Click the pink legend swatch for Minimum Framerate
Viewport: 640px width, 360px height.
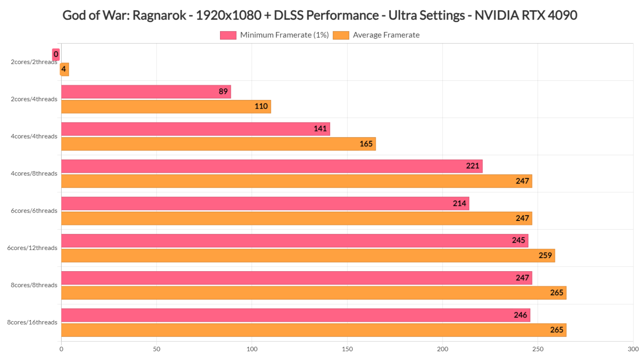tap(228, 35)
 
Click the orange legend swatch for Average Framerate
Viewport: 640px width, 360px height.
tap(341, 35)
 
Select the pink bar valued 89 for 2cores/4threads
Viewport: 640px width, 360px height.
tap(146, 92)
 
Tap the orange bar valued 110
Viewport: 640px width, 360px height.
tap(166, 107)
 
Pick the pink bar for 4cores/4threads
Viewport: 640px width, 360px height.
tap(195, 129)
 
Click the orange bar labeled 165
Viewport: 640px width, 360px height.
tap(218, 144)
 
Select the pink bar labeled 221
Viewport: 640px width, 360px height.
tap(272, 166)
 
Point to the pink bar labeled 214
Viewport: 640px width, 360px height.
tap(265, 203)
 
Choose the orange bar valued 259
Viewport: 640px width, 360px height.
tap(308, 255)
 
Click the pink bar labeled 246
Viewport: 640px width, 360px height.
tap(295, 315)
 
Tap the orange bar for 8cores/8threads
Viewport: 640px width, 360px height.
tap(313, 292)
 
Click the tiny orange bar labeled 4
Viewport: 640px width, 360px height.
tap(65, 69)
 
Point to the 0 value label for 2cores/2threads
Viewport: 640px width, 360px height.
tap(56, 54)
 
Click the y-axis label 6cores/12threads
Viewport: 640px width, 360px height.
tap(32, 248)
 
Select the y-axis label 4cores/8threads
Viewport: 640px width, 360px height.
tap(34, 174)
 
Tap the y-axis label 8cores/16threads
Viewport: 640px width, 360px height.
tap(32, 322)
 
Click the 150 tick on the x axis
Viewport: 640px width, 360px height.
tap(347, 349)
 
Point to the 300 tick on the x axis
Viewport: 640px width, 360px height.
tap(633, 349)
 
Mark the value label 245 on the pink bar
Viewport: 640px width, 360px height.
tap(518, 240)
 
